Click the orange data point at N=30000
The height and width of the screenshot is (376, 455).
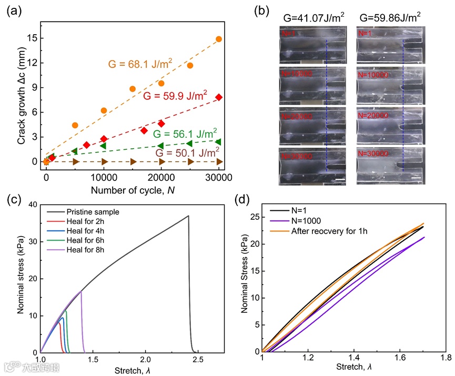coord(219,39)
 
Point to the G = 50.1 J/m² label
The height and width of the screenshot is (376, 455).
coord(186,153)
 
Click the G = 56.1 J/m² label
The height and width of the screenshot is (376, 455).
coord(185,133)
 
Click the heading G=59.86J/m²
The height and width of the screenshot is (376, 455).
coord(389,18)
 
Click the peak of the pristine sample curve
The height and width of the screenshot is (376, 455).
coord(188,216)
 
